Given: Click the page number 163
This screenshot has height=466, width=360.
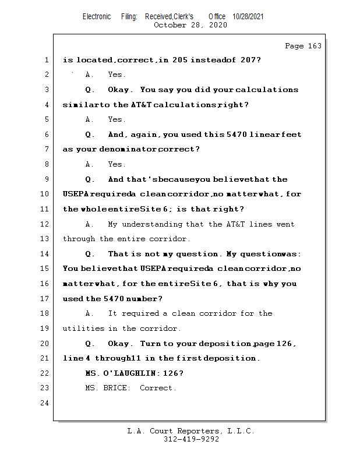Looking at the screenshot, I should pyautogui.click(x=315, y=46).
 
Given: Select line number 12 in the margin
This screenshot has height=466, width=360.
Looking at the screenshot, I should pyautogui.click(x=46, y=224).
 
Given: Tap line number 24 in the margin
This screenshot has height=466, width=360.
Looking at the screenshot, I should pyautogui.click(x=46, y=403).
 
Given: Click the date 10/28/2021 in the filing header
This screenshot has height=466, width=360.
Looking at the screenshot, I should pyautogui.click(x=248, y=17).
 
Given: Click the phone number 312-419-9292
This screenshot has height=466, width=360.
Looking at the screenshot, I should pyautogui.click(x=191, y=439).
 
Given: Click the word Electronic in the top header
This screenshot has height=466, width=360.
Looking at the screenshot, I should pyautogui.click(x=97, y=17).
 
